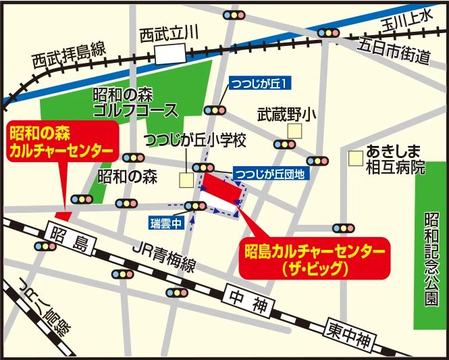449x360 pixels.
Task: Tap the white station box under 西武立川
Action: point(169,53)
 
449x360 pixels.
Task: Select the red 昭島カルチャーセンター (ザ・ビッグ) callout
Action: point(316,257)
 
